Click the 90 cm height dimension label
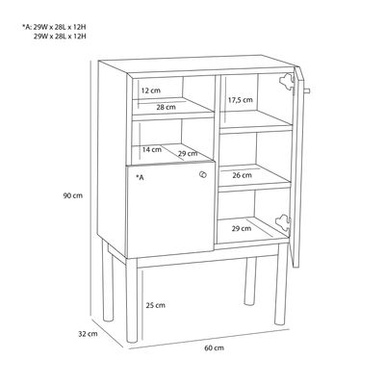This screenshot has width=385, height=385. tap(73, 195)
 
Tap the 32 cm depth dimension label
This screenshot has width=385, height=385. tap(88, 334)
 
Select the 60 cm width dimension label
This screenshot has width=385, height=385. tap(215, 347)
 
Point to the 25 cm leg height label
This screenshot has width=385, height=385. tap(156, 305)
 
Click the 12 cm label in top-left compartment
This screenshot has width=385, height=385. tap(151, 90)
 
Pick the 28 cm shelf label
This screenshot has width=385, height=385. tap(167, 107)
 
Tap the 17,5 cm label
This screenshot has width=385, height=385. tap(241, 100)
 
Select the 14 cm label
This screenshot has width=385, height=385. tap(152, 149)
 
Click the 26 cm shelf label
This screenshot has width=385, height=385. tap(243, 175)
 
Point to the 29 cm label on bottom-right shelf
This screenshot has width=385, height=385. tap(242, 229)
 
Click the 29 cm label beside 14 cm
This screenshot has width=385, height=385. tap(188, 154)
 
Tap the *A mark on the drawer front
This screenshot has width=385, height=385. tap(140, 177)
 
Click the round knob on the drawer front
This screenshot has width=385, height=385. tap(203, 174)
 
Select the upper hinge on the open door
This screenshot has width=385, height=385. tap(287, 80)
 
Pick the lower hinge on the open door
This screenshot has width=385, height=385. tap(283, 221)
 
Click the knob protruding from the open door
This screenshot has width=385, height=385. tap(306, 90)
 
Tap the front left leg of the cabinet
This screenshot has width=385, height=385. tap(132, 300)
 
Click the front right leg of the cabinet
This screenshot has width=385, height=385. tap(281, 284)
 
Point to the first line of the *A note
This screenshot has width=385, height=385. tap(54, 27)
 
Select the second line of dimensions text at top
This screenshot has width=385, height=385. tap(60, 36)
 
